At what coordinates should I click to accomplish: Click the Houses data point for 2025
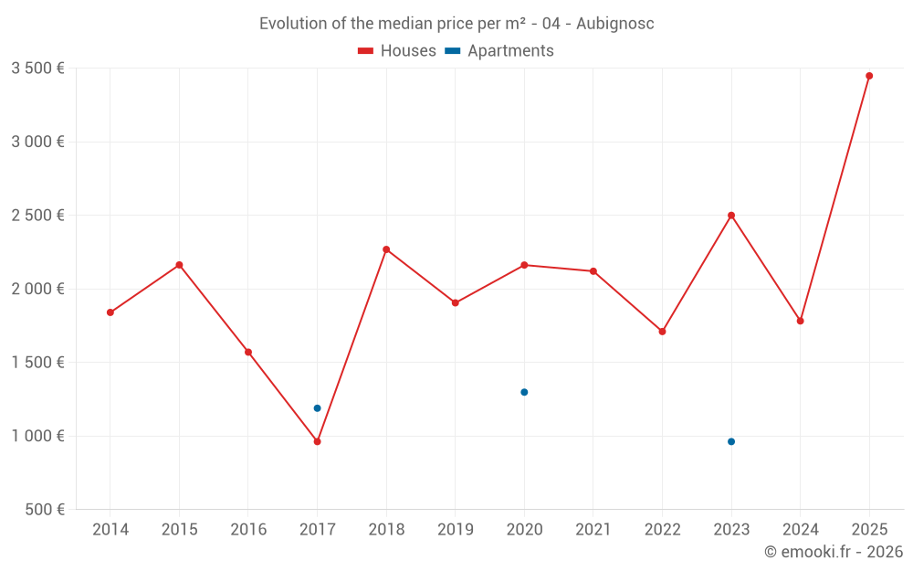[x=869, y=76]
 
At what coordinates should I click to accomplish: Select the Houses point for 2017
[x=317, y=441]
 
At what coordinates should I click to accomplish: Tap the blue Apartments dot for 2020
[x=524, y=392]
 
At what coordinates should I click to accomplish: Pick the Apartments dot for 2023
[x=731, y=441]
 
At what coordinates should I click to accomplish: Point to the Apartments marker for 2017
[x=317, y=408]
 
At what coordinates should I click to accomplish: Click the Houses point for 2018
[x=386, y=249]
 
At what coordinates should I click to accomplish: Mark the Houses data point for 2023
[x=731, y=216]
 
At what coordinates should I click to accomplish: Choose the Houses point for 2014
[x=110, y=312]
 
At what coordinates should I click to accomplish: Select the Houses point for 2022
[x=662, y=332]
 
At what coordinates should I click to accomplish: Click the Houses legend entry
[x=397, y=51]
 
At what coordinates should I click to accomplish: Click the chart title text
[x=456, y=24]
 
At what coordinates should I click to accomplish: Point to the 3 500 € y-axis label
[x=37, y=69]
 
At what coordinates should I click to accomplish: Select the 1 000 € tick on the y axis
[x=37, y=436]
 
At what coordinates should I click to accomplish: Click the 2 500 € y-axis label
[x=37, y=216]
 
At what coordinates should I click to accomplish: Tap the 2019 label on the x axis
[x=455, y=530]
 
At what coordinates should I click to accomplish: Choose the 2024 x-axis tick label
[x=800, y=530]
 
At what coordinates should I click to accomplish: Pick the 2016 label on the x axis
[x=248, y=530]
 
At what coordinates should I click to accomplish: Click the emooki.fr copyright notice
[x=833, y=552]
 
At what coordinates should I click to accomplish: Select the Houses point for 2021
[x=593, y=271]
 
